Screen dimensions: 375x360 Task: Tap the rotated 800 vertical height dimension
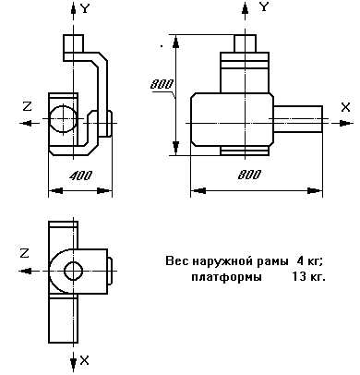tap(162, 85)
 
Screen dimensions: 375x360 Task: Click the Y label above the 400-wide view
tap(85, 8)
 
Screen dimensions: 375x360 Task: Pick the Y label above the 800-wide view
tap(264, 8)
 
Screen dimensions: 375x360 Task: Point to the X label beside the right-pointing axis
tap(344, 108)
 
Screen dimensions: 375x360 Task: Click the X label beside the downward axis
tap(85, 358)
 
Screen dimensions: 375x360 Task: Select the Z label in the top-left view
tap(27, 107)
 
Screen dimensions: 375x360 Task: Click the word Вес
tap(175, 261)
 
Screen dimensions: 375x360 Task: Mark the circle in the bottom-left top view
tap(71, 271)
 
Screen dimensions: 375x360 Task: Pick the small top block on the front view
tap(246, 42)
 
